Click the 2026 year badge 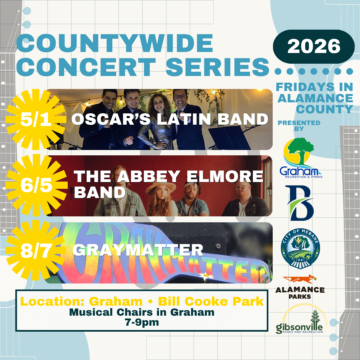(x=314, y=46)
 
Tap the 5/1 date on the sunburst (x=36, y=119)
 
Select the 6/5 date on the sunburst (x=36, y=185)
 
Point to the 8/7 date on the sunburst (x=36, y=251)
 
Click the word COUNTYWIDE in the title (x=115, y=43)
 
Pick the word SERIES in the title (x=217, y=67)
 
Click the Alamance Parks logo (x=300, y=287)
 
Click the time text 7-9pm (x=142, y=322)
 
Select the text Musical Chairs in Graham (x=142, y=312)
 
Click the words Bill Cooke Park (x=211, y=301)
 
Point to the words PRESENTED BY (x=299, y=126)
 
